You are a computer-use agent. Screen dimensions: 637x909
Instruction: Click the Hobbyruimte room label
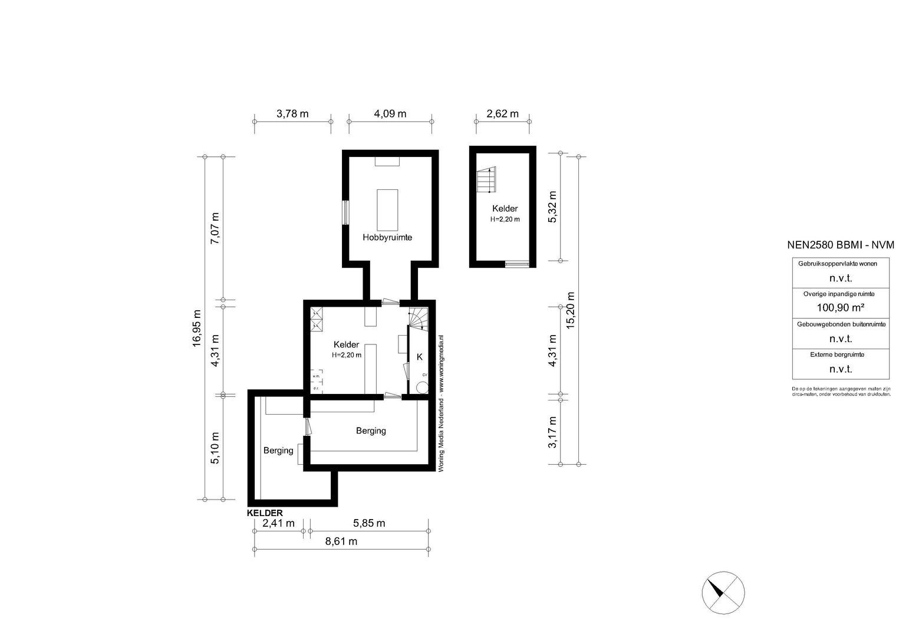tap(387, 237)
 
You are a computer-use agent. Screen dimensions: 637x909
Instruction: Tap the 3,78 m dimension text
tap(292, 114)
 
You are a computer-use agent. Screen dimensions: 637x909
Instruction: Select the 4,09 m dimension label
tap(390, 114)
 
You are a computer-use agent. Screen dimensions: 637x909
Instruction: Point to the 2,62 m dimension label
tap(502, 114)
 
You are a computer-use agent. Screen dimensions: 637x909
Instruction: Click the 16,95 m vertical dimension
tap(197, 329)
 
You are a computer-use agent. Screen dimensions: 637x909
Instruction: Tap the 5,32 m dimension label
tap(552, 206)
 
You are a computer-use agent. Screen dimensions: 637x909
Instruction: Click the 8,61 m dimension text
tap(341, 541)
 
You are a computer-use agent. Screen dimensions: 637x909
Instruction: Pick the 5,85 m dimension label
tap(369, 523)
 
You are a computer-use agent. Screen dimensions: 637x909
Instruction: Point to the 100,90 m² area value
tap(840, 307)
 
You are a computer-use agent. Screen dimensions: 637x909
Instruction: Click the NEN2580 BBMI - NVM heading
tap(840, 245)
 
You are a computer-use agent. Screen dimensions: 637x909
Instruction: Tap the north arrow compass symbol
tap(723, 593)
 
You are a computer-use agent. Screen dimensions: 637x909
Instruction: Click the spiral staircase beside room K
tap(420, 318)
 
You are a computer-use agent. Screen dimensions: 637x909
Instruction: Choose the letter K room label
tap(420, 357)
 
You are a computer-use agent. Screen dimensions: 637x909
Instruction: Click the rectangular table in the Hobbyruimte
tap(387, 210)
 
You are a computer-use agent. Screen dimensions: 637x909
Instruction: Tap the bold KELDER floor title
tap(265, 513)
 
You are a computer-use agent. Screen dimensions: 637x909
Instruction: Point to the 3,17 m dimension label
tap(552, 432)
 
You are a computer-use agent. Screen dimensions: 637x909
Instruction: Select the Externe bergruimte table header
tap(840, 354)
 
